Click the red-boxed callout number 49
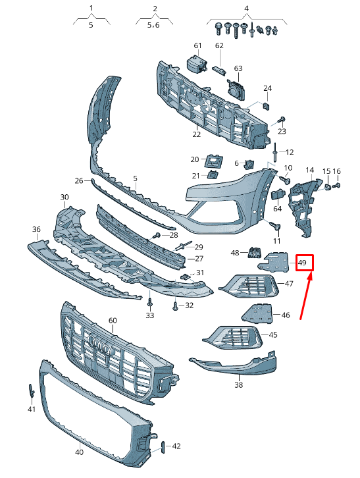303,263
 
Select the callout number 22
196,134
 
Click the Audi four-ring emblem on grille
99,350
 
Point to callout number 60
113,320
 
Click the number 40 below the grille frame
79,452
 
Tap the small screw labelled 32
175,305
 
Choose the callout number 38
239,385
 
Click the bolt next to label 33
150,303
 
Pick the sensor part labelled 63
235,88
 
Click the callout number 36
37,229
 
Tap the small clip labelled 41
31,390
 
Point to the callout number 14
310,171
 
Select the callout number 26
79,180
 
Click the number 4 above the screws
246,9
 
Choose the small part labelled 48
253,251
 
